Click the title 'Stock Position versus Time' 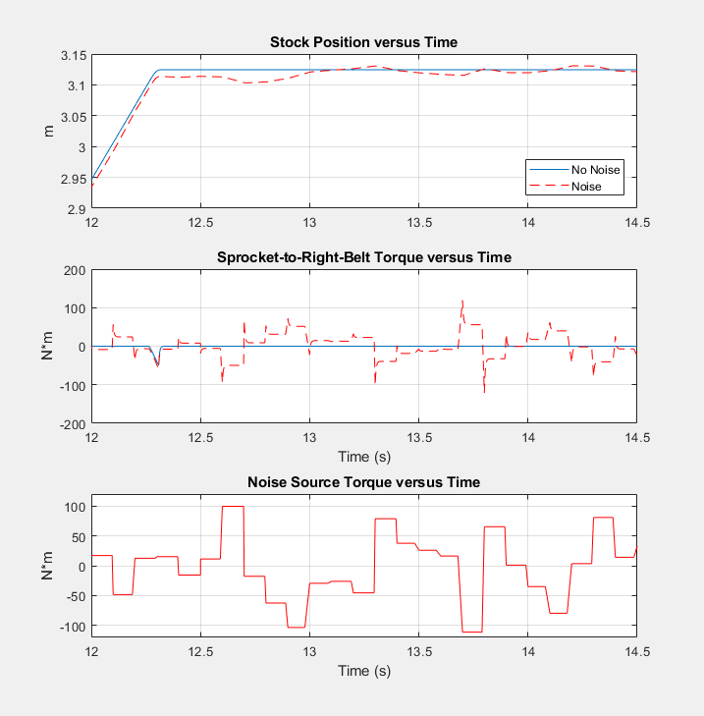(363, 42)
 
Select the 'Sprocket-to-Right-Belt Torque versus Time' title (363, 257)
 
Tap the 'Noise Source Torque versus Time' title (363, 482)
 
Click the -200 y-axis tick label (72, 424)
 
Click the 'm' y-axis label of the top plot (49, 132)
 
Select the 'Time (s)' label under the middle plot (363, 456)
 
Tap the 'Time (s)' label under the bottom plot (363, 671)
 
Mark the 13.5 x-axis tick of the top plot (418, 223)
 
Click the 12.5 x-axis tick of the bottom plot (200, 650)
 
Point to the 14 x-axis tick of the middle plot (527, 438)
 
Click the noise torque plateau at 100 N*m (233, 507)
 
